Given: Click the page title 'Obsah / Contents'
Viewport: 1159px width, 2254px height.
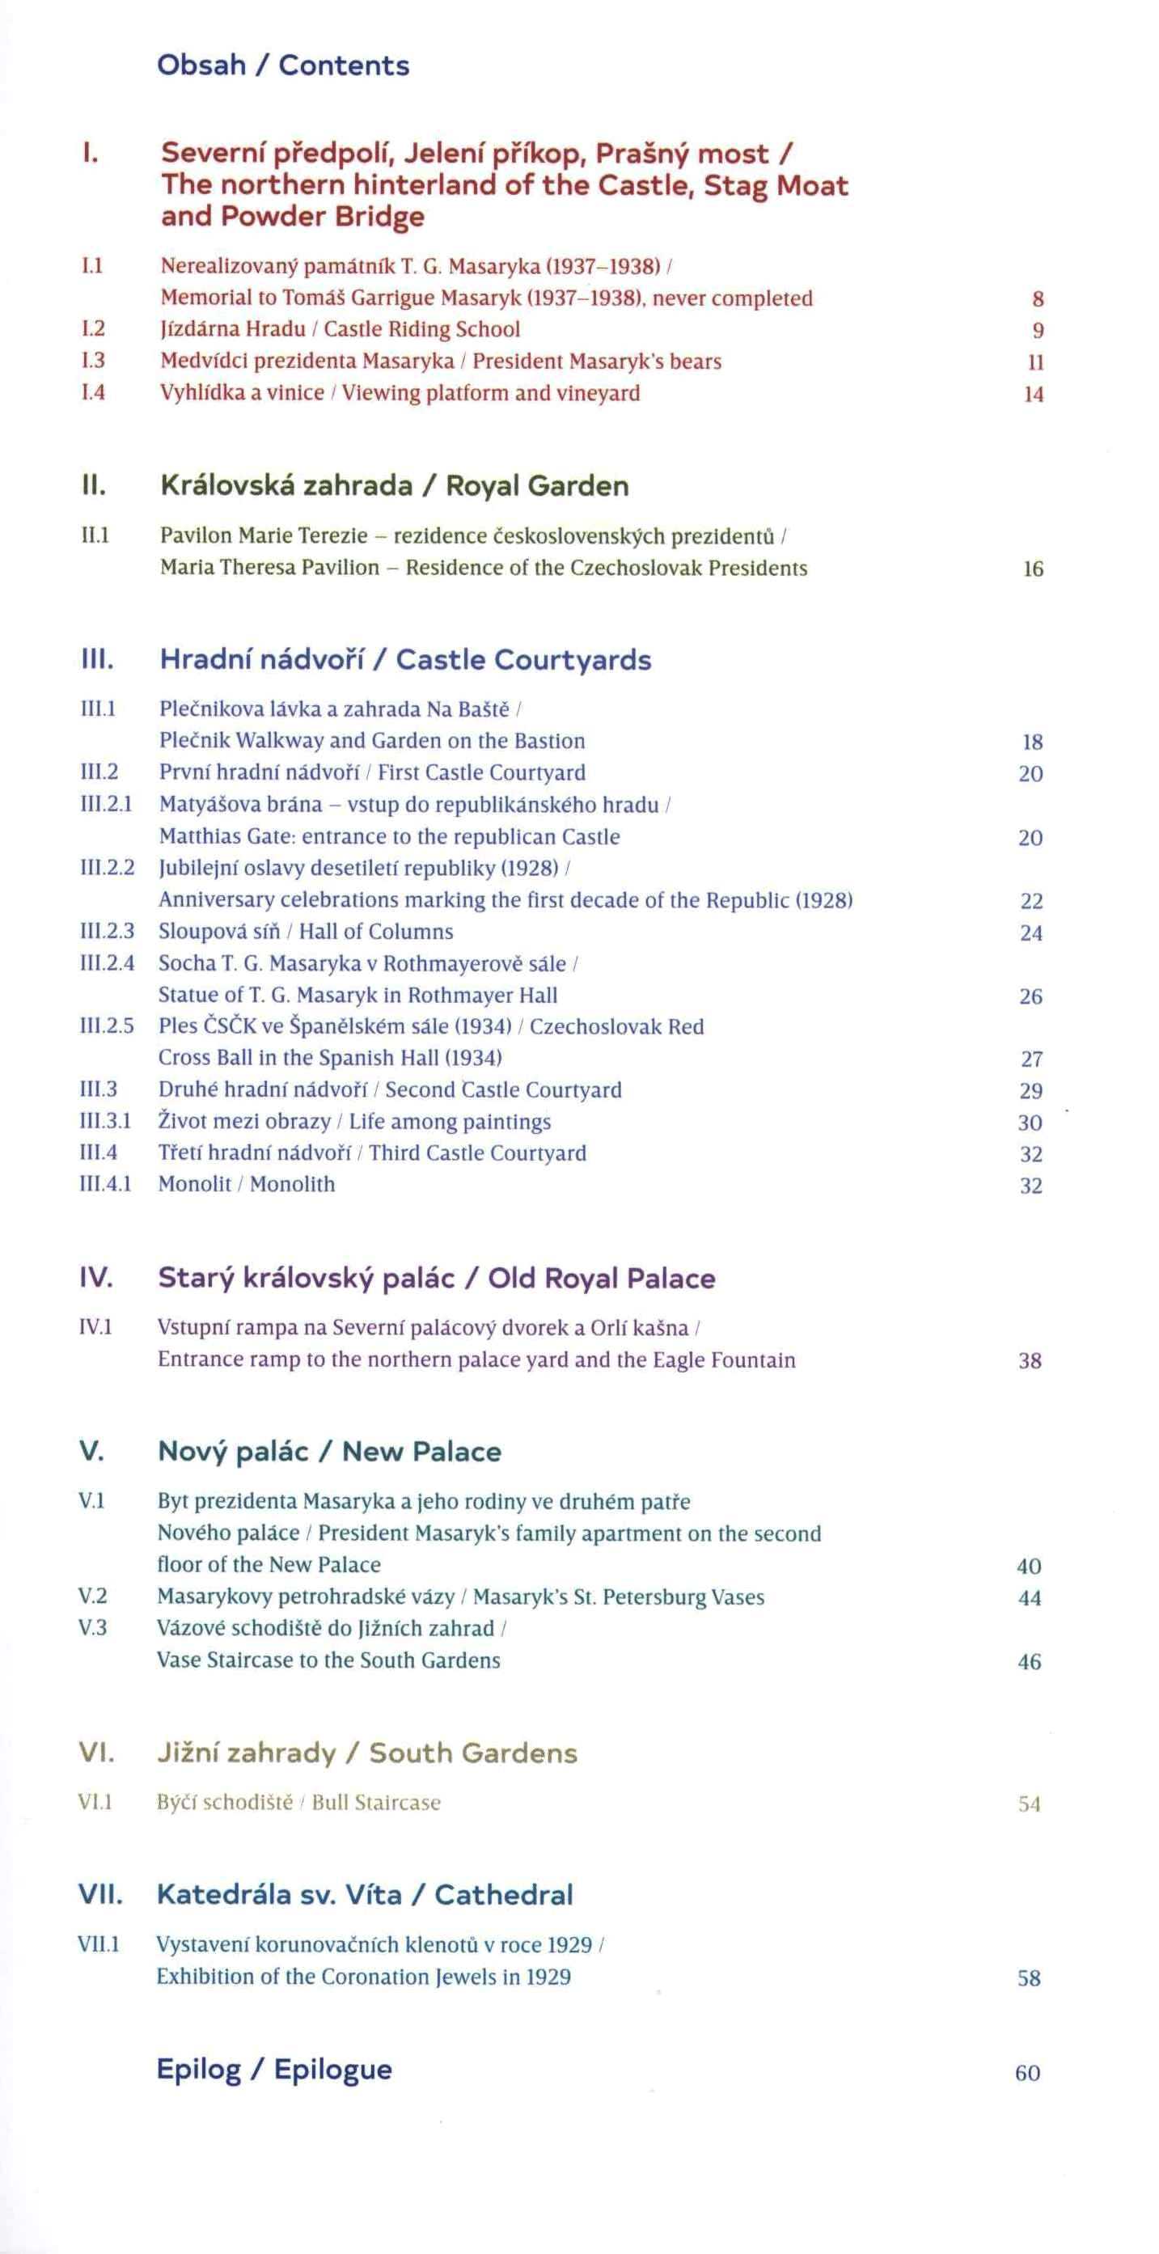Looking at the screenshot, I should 282,66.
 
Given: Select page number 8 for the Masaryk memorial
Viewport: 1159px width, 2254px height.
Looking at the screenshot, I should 1038,299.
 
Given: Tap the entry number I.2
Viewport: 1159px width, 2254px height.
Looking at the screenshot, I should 93,329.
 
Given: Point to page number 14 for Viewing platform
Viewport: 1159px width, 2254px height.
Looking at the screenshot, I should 1034,395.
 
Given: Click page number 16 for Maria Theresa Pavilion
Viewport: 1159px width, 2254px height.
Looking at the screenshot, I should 1033,569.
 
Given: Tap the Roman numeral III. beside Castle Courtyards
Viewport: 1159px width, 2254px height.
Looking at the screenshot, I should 97,660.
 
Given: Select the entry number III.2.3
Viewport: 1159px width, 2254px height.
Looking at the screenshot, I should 108,931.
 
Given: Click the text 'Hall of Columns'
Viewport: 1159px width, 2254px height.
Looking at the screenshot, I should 376,932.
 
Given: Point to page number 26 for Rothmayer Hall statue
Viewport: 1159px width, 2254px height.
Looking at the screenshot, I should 1030,996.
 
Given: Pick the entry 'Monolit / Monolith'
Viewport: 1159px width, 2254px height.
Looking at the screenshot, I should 247,1185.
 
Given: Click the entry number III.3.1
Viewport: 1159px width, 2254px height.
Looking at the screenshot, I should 106,1122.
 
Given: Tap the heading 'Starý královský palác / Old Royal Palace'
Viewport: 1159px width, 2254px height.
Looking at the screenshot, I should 437,1279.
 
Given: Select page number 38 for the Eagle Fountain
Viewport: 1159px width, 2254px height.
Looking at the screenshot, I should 1030,1360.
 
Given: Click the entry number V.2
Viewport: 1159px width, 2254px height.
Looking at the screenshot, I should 93,1596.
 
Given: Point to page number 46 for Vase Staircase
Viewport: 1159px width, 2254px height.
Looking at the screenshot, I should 1030,1662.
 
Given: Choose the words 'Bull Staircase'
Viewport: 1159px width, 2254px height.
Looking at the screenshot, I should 376,1803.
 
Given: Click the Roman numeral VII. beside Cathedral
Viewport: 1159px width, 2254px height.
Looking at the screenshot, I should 100,1895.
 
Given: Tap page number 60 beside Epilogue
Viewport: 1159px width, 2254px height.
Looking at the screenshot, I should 1028,2073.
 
